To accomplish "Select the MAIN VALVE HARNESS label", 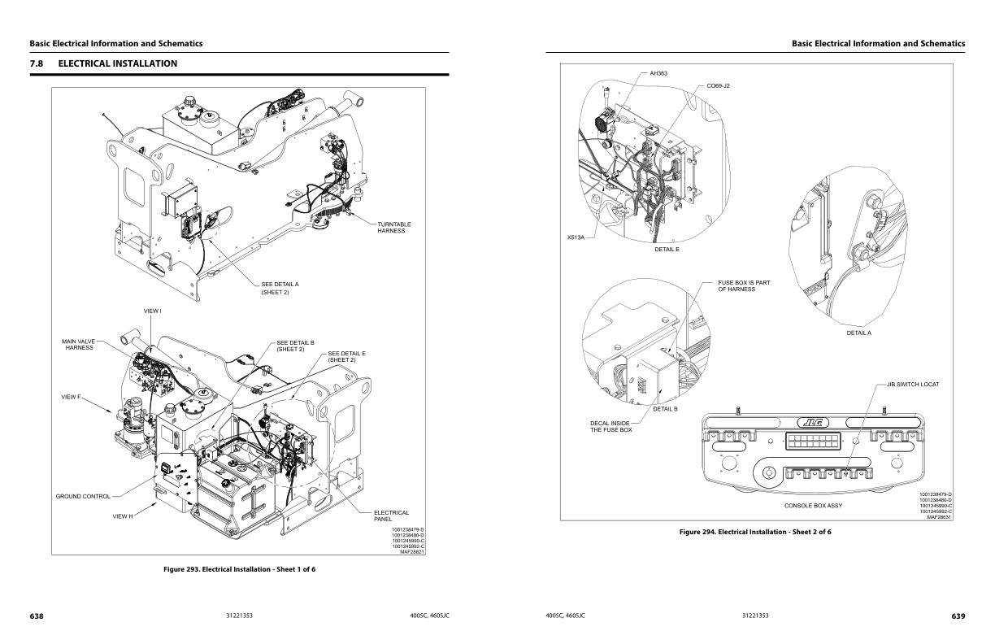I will (80, 345).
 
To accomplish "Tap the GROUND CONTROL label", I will (83, 496).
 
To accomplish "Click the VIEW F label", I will (72, 397).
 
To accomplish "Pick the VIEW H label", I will (122, 516).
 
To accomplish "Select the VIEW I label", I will (153, 311).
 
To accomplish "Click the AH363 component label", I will (658, 73).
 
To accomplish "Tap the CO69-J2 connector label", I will (718, 85).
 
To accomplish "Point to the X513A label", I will (576, 237).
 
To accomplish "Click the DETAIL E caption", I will (667, 249).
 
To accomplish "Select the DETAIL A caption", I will (858, 333).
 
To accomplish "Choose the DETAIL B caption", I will (665, 409).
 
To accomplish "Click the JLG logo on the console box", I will (811, 422).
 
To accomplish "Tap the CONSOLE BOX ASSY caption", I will (813, 506).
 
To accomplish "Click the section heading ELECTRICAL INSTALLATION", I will (117, 63).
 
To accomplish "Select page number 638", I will (37, 616).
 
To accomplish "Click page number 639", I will (958, 616).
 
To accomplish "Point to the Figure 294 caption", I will (755, 532).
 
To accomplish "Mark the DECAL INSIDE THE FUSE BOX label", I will (611, 426).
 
